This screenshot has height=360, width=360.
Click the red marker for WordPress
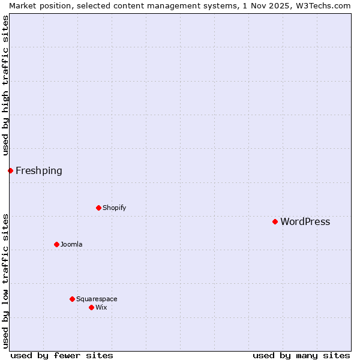(275, 221)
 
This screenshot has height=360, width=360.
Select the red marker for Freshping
(10, 170)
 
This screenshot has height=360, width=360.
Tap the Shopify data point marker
(98, 208)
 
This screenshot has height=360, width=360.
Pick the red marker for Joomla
(56, 244)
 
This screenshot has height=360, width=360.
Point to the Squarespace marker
(72, 299)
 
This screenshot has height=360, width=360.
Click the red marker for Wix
(91, 307)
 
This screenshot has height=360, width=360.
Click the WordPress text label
(305, 221)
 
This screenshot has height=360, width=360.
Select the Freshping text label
(38, 170)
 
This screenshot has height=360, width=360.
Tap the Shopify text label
(114, 208)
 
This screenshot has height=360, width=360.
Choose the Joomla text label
(71, 244)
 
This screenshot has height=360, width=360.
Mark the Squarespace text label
(97, 299)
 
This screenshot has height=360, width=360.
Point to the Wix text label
(101, 307)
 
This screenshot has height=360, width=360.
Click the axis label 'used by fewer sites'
(62, 355)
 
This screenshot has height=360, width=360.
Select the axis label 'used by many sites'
(301, 355)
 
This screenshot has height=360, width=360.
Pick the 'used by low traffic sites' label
(5, 281)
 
